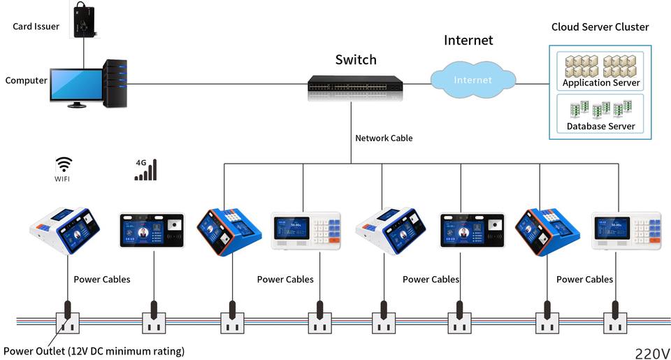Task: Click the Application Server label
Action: (601, 82)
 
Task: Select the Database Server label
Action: (601, 127)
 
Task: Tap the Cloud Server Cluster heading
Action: (600, 27)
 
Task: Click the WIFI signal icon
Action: (64, 165)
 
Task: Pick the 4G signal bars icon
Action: (145, 170)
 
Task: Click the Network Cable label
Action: (384, 138)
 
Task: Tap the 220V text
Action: (652, 353)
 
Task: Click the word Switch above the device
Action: (356, 59)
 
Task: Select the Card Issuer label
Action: (36, 27)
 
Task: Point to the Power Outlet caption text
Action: (94, 351)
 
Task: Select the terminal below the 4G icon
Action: (152, 231)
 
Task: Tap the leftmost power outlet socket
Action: (68, 323)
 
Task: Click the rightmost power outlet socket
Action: (615, 323)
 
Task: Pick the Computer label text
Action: (26, 80)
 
